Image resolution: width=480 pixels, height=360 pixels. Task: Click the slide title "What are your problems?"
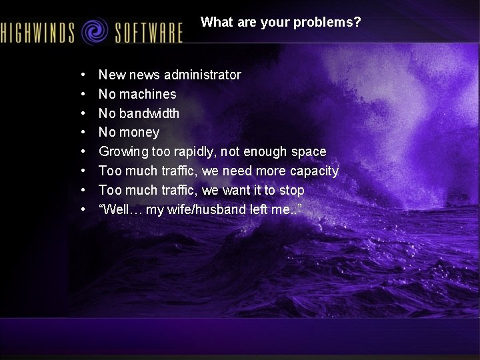[x=281, y=22]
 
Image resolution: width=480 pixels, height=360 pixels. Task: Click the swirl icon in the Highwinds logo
[x=95, y=31]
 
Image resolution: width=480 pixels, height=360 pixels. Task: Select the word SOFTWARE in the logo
[x=148, y=32]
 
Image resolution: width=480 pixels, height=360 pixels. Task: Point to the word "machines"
[x=147, y=94]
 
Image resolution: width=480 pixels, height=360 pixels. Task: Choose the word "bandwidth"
[x=149, y=113]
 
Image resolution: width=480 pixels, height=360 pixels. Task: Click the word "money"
[x=139, y=132]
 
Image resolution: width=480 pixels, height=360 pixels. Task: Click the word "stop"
[x=291, y=190]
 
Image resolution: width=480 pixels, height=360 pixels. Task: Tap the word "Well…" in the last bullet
[x=120, y=209]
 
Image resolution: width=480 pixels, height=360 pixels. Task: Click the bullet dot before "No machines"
[x=82, y=94]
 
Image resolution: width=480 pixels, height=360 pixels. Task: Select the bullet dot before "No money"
[x=82, y=132]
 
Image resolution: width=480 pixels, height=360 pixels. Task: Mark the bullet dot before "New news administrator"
[x=82, y=75]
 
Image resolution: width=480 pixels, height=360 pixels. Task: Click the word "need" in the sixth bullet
[x=238, y=171]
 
